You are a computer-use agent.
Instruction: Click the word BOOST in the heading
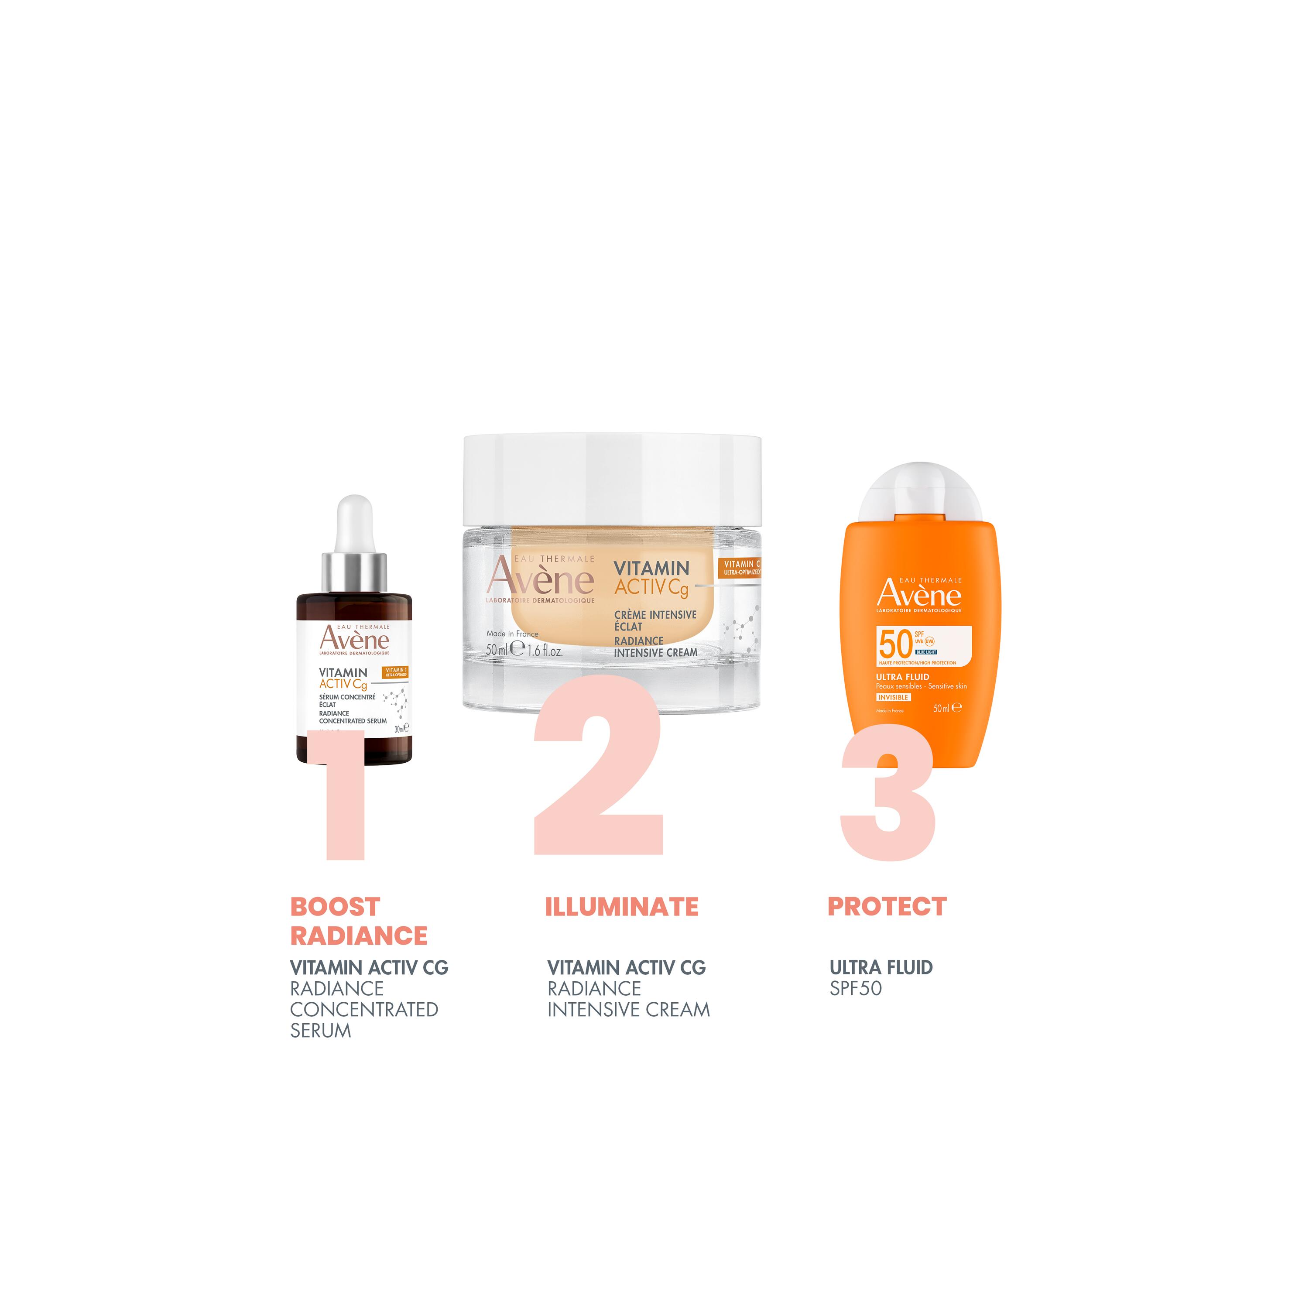tap(335, 907)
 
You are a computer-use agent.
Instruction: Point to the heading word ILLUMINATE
tap(621, 907)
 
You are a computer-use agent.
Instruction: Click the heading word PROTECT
tap(886, 907)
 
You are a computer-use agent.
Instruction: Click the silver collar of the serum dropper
tap(354, 572)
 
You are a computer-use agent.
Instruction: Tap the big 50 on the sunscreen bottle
tap(894, 644)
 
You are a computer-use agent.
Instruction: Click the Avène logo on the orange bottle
tap(919, 595)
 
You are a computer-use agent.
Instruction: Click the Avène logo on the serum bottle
tap(354, 639)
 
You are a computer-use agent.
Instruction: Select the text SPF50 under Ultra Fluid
tap(855, 989)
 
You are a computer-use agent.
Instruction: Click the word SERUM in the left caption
tap(320, 1031)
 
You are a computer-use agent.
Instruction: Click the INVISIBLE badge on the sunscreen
tap(893, 697)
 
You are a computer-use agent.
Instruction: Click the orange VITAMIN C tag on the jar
tap(741, 568)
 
